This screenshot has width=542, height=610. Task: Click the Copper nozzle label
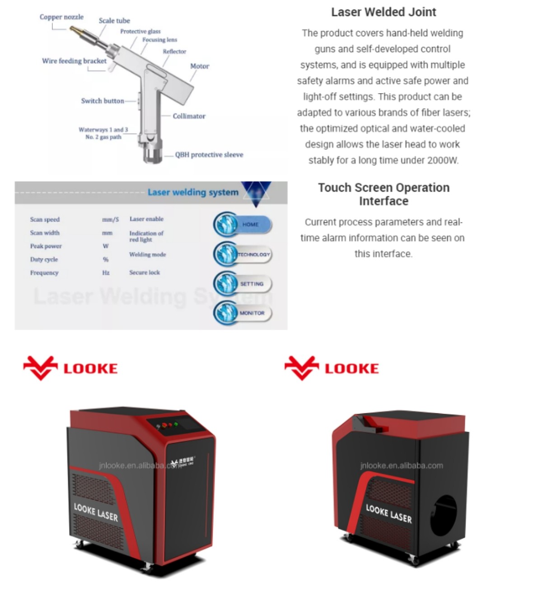tap(61, 17)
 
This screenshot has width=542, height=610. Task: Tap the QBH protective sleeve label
tap(209, 155)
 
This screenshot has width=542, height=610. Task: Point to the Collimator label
tap(189, 116)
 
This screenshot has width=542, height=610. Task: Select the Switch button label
tap(103, 101)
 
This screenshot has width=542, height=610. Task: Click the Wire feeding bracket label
tap(74, 61)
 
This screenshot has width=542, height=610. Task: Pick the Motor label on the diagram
tap(199, 66)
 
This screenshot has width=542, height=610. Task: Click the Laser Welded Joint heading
tap(383, 12)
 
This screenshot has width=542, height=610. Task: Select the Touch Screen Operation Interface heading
tap(383, 194)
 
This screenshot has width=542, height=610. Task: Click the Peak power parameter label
tap(46, 246)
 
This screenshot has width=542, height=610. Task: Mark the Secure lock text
tap(145, 273)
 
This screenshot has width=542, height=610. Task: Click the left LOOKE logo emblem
tap(41, 368)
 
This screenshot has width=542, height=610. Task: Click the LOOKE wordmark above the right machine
tap(352, 369)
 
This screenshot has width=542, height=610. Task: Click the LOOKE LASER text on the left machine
tap(96, 511)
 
